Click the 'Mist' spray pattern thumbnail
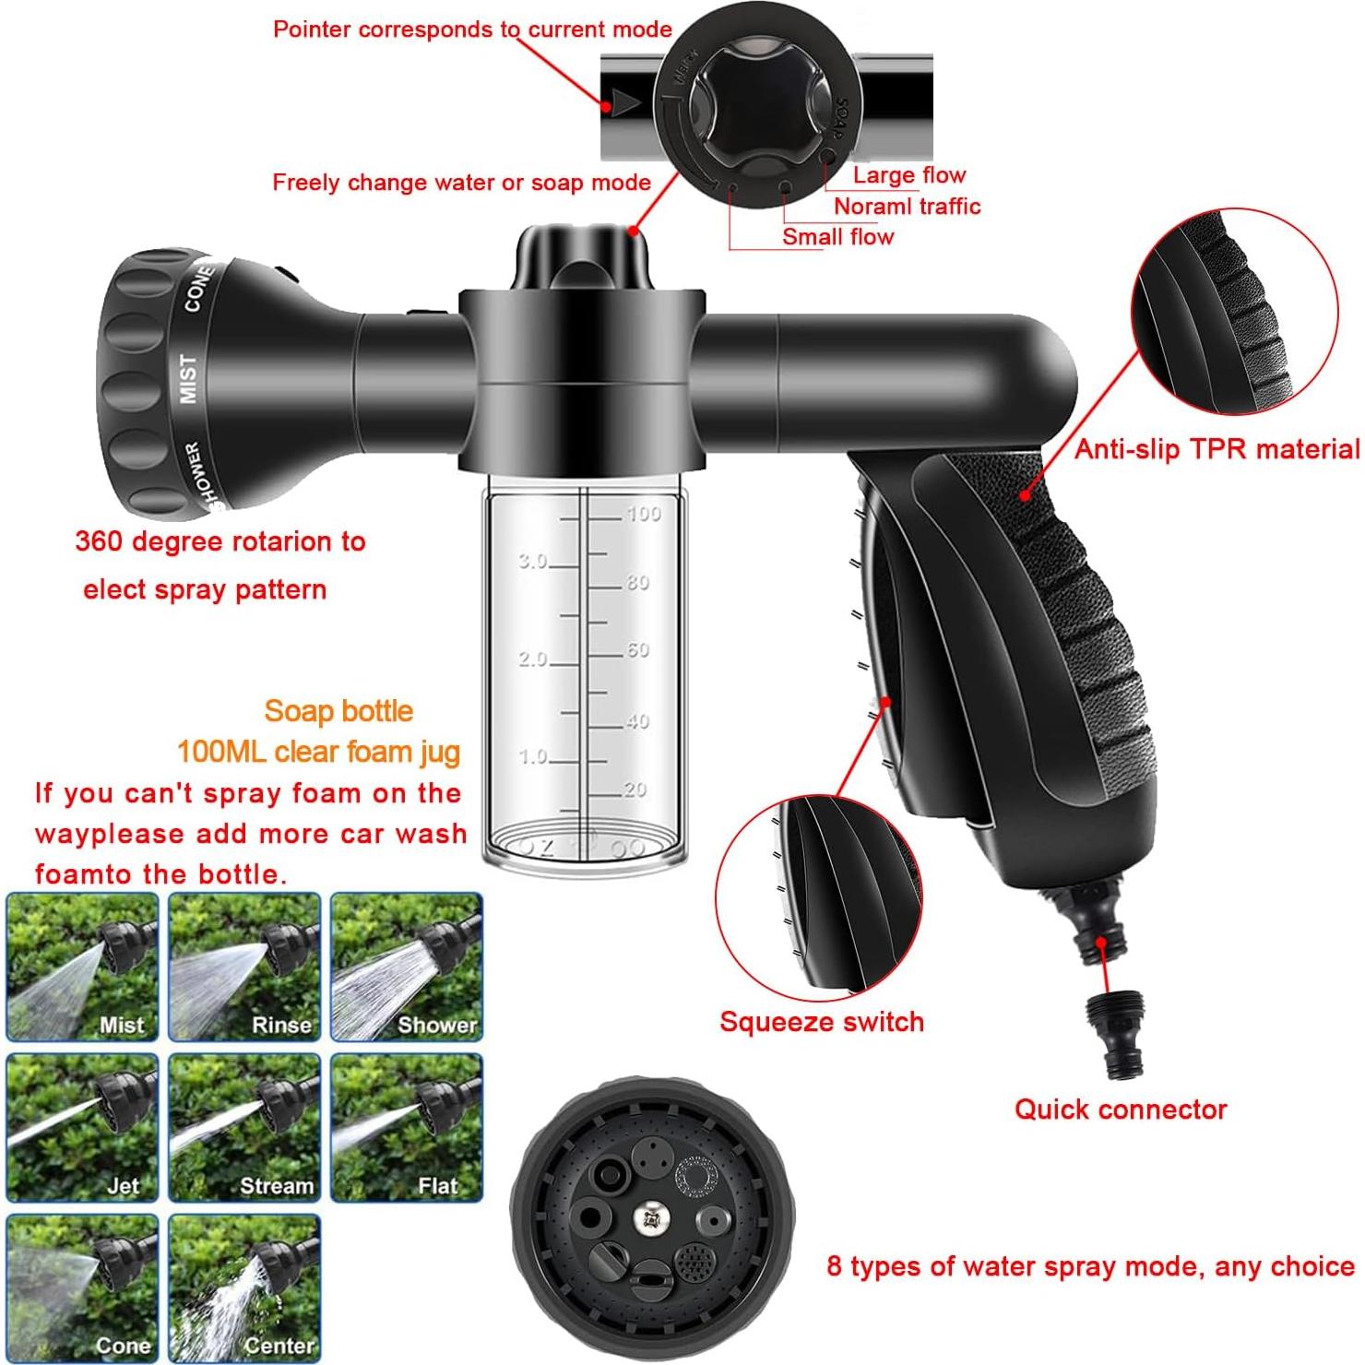pyautogui.click(x=83, y=967)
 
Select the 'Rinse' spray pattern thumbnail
pyautogui.click(x=244, y=967)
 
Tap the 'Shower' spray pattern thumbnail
pyautogui.click(x=406, y=967)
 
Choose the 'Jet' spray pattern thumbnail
pyautogui.click(x=83, y=1127)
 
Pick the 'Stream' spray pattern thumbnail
pyautogui.click(x=244, y=1127)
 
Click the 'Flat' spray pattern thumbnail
pyautogui.click(x=406, y=1127)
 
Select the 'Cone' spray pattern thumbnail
pyautogui.click(x=83, y=1288)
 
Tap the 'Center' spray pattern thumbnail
pyautogui.click(x=244, y=1288)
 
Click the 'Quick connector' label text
pyautogui.click(x=1121, y=1109)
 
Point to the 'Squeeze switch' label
pyautogui.click(x=821, y=1022)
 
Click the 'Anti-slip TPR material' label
pyautogui.click(x=1217, y=449)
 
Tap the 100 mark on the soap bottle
pyautogui.click(x=643, y=514)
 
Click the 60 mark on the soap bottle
pyautogui.click(x=638, y=650)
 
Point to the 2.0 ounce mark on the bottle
pyautogui.click(x=533, y=659)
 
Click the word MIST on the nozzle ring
pyautogui.click(x=188, y=378)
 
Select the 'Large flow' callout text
pyautogui.click(x=908, y=175)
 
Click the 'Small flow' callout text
pyautogui.click(x=837, y=237)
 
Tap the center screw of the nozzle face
pyautogui.click(x=651, y=1218)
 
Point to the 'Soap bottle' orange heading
pyautogui.click(x=338, y=711)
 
